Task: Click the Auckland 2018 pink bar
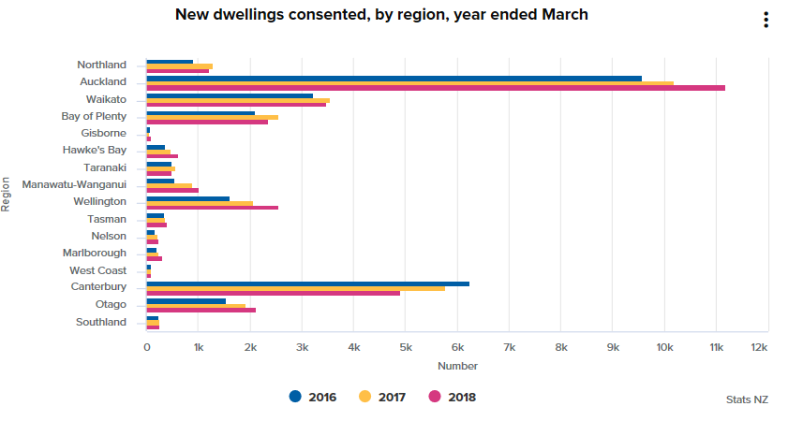click(x=436, y=88)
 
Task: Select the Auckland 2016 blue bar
click(x=394, y=78)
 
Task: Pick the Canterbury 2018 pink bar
click(x=273, y=293)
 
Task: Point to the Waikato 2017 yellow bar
click(x=238, y=100)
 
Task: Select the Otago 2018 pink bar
click(x=201, y=310)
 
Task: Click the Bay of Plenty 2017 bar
click(x=212, y=117)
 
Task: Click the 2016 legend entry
click(x=313, y=397)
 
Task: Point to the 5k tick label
click(x=406, y=347)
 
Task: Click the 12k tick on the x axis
click(x=759, y=347)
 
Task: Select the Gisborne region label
click(x=105, y=134)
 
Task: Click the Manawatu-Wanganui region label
click(x=74, y=184)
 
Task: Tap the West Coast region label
click(x=98, y=270)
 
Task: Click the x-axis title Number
click(x=457, y=366)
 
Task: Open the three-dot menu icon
click(x=766, y=21)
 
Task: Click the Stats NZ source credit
click(x=747, y=399)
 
